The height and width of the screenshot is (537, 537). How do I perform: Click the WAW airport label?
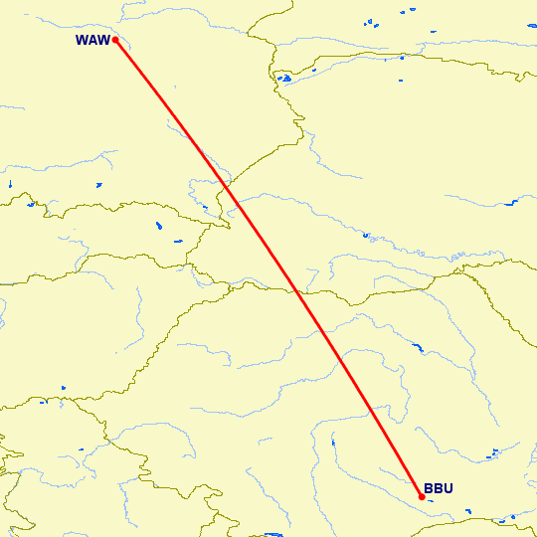tap(91, 41)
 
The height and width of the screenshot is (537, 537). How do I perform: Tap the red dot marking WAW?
tap(116, 40)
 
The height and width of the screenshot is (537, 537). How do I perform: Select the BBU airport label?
tap(439, 489)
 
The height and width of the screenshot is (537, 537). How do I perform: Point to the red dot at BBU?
tap(422, 496)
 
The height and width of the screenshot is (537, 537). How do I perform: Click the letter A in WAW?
tap(92, 41)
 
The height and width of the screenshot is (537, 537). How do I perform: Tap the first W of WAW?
tap(82, 41)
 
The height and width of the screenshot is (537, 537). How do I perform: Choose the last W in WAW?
tap(103, 41)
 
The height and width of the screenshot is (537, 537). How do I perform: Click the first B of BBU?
tap(429, 489)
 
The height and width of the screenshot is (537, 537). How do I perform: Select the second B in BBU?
tap(439, 489)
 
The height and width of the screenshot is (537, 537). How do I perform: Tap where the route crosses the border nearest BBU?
tap(294, 291)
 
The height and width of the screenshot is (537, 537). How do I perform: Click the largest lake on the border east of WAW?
tap(284, 78)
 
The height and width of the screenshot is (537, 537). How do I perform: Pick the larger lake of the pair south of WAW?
tap(159, 225)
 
